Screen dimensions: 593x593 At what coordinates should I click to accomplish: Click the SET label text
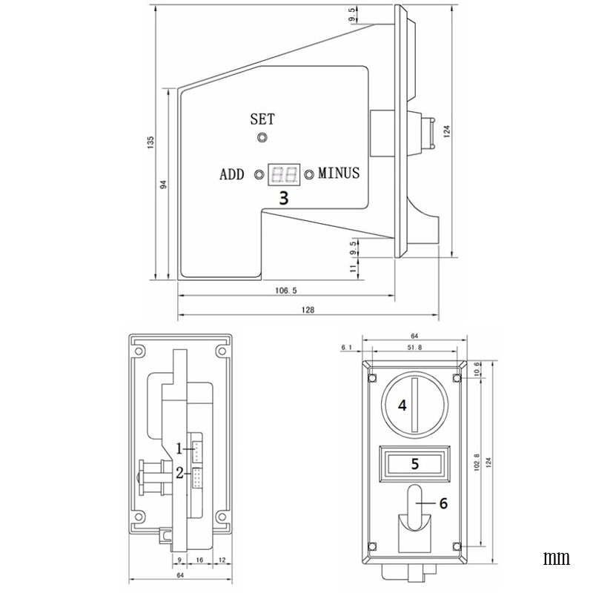(x=262, y=119)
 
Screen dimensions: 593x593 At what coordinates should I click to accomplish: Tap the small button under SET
(x=262, y=137)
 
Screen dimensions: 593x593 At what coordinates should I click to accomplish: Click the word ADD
(x=232, y=175)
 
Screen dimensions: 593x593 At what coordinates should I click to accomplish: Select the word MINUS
(x=339, y=174)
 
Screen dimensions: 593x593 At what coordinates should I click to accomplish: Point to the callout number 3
(x=283, y=198)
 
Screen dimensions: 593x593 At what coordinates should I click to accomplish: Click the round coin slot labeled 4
(x=414, y=405)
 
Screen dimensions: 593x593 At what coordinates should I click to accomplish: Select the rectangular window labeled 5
(x=415, y=464)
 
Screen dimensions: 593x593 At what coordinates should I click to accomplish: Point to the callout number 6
(x=443, y=503)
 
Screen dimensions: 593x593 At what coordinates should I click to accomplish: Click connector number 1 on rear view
(x=199, y=448)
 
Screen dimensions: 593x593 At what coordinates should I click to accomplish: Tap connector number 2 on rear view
(x=199, y=477)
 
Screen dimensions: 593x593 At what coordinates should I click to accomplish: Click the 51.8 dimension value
(x=414, y=347)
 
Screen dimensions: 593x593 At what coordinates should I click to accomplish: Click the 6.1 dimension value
(x=346, y=347)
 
